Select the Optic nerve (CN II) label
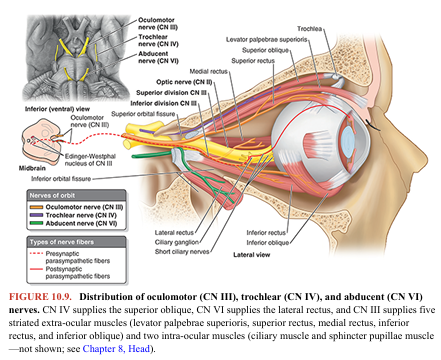tap(182, 81)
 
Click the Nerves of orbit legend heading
tap(35, 193)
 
